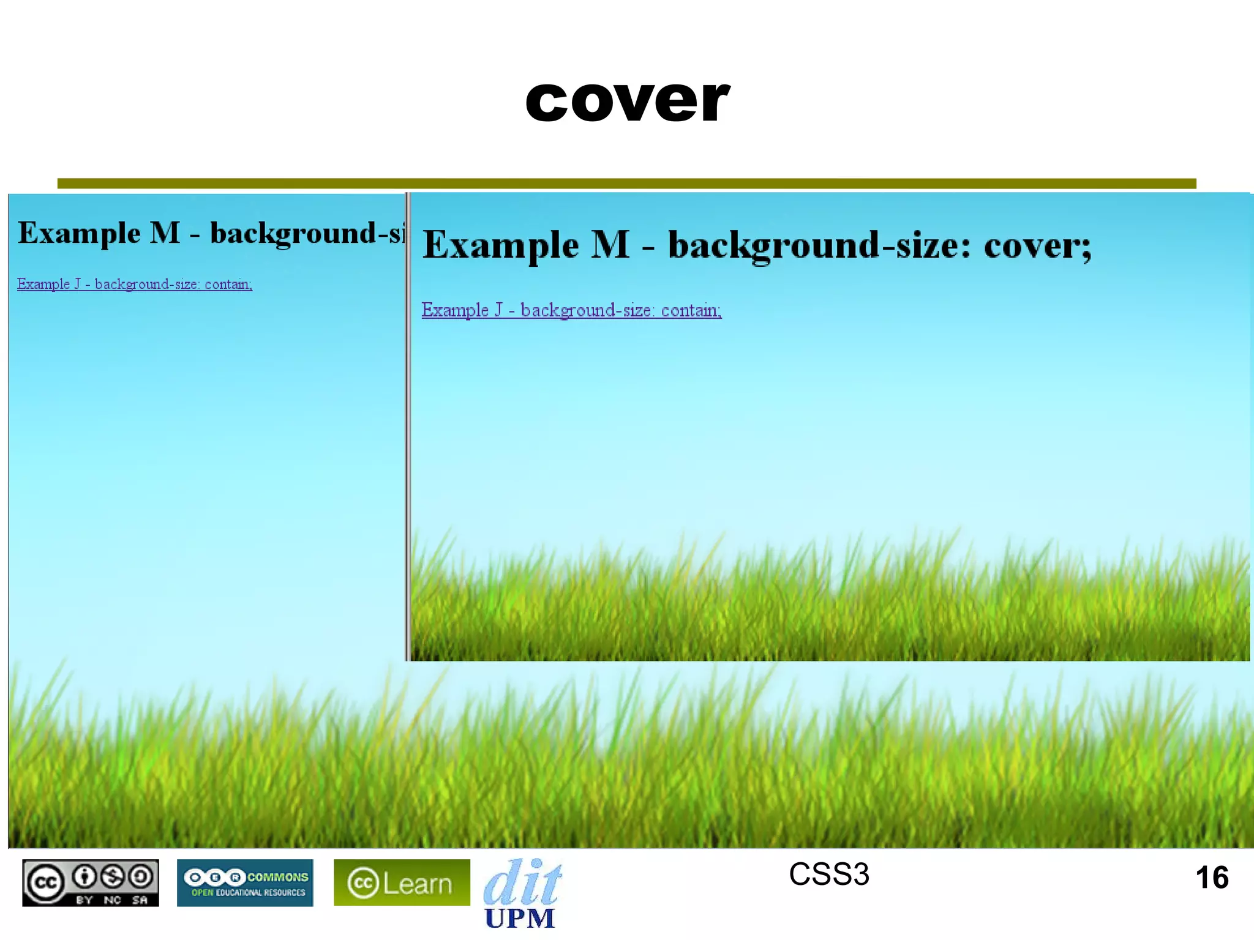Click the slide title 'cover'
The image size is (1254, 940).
click(x=627, y=101)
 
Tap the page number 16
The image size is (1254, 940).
click(x=1212, y=878)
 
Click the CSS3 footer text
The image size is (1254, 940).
click(x=828, y=874)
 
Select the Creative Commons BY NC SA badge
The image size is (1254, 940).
click(x=91, y=882)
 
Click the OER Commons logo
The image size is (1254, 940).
click(x=245, y=882)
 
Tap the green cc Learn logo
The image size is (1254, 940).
click(x=402, y=882)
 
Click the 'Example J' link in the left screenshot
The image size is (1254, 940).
click(x=135, y=284)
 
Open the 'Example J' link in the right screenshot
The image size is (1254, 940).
click(x=571, y=310)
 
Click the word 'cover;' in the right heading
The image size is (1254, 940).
click(x=1037, y=245)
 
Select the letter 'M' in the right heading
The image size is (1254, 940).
click(x=610, y=245)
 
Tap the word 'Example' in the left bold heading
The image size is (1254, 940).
click(x=80, y=233)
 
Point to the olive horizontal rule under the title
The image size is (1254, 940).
click(x=627, y=184)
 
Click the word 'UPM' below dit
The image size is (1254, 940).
click(x=519, y=918)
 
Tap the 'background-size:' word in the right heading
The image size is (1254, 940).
click(x=819, y=245)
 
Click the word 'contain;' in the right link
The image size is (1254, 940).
click(x=691, y=310)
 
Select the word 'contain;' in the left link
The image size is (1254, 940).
click(x=228, y=284)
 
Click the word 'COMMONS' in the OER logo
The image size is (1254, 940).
click(x=277, y=877)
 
